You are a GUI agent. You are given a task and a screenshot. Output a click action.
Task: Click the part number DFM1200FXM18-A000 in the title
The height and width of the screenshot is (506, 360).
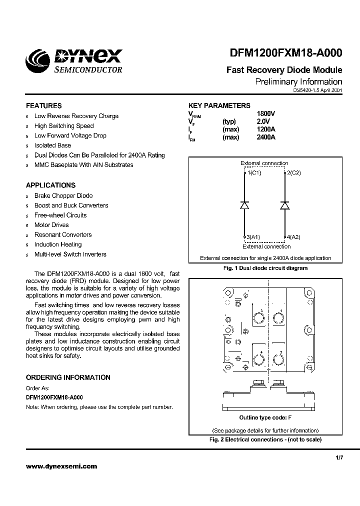tap(286, 54)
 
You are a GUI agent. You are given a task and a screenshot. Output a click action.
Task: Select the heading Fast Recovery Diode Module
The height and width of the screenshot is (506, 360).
tap(284, 70)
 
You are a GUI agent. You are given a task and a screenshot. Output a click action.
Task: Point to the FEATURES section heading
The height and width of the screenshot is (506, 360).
tap(44, 106)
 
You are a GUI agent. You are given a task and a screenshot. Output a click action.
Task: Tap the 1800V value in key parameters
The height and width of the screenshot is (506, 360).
tap(266, 114)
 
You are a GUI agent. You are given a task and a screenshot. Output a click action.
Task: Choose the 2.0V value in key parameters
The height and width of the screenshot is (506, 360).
tap(263, 121)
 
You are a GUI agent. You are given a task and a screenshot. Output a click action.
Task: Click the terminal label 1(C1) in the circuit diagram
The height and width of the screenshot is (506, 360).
tap(254, 173)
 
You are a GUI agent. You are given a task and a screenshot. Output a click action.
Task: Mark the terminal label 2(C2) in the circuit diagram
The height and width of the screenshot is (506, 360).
tap(293, 173)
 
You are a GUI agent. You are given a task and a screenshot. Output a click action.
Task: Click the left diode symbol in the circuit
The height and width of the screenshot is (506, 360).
tap(244, 205)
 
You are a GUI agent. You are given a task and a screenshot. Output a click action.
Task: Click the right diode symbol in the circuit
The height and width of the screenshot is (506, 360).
tap(284, 205)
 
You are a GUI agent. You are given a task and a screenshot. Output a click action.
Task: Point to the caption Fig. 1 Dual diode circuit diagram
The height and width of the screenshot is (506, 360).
tap(265, 268)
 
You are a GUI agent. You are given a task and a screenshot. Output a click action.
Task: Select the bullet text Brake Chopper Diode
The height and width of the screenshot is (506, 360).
tap(63, 195)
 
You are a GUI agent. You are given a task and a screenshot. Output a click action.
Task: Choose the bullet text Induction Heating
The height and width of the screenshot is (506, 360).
tap(58, 244)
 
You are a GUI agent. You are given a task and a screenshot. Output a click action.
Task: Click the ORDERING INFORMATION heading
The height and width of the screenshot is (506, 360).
tap(68, 377)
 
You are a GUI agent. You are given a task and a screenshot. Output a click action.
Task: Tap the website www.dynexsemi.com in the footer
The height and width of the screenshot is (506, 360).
tap(61, 466)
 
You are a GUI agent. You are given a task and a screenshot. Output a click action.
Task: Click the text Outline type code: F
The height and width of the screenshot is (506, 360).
tap(265, 417)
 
